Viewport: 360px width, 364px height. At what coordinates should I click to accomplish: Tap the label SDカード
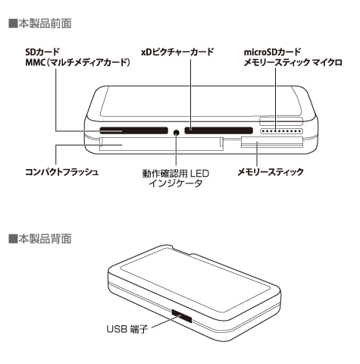click(x=42, y=52)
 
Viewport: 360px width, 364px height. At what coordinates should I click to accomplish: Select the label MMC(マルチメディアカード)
click(x=77, y=62)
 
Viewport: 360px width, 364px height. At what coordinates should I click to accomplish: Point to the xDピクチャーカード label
click(x=177, y=52)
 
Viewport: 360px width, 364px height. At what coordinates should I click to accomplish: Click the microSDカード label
click(x=272, y=52)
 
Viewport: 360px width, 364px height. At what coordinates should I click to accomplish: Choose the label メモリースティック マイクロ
click(x=293, y=62)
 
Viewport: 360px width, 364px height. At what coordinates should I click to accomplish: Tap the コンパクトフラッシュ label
click(x=62, y=172)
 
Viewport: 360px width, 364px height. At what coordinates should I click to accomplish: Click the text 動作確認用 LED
click(x=176, y=174)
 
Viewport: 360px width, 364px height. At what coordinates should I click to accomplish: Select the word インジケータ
click(x=176, y=184)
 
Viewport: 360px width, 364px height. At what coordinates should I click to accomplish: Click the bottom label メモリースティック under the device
click(x=271, y=172)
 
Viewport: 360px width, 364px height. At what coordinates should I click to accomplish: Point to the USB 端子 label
click(x=127, y=329)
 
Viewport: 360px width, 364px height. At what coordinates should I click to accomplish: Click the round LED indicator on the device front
click(x=177, y=132)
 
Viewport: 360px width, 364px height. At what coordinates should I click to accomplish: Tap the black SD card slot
click(x=134, y=130)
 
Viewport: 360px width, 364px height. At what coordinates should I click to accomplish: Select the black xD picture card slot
click(x=219, y=130)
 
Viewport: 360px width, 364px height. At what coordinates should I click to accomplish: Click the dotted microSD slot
click(x=281, y=131)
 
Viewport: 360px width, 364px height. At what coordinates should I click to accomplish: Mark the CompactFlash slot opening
click(x=161, y=144)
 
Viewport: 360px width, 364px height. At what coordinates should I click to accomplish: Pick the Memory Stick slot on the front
click(x=272, y=143)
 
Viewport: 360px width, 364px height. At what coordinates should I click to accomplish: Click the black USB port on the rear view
click(x=182, y=315)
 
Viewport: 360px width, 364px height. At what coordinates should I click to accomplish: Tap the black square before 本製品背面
click(x=13, y=239)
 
